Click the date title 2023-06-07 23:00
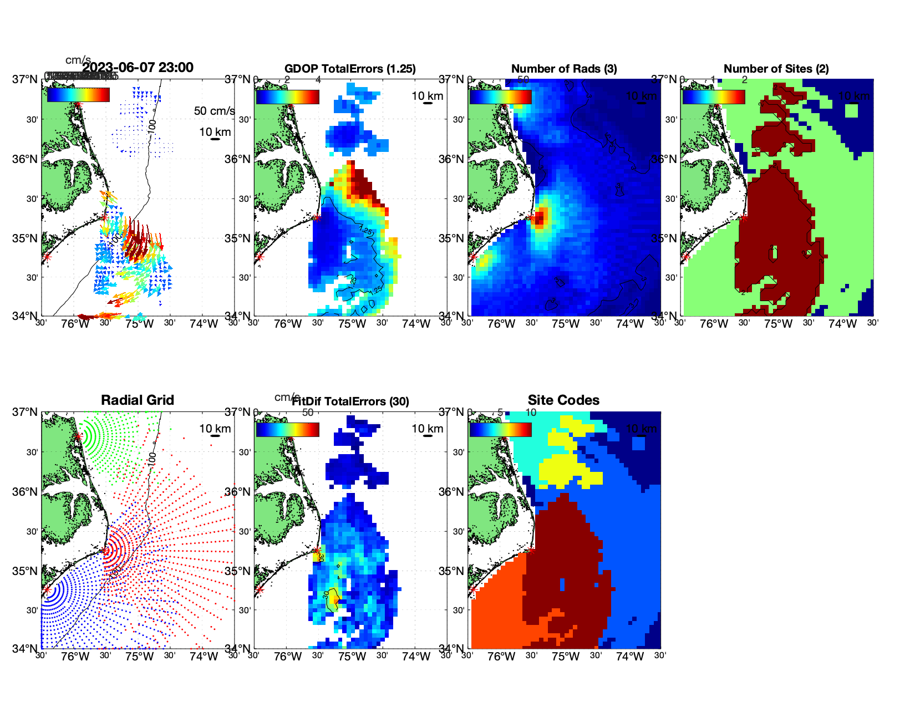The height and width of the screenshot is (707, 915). point(138,68)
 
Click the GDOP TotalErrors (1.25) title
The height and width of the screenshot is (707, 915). point(350,69)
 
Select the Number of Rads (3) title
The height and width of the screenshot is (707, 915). point(564,69)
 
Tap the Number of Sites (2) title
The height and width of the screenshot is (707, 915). point(776,69)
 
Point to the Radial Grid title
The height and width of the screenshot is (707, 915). point(138,400)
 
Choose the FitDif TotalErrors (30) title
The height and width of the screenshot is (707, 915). point(350,401)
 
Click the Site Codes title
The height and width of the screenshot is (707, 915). point(563,400)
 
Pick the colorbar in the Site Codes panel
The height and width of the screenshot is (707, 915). point(500,430)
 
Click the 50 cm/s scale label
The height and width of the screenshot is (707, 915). point(214,111)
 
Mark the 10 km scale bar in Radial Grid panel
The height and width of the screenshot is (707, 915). point(215,436)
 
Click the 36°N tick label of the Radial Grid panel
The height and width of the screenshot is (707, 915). point(25,492)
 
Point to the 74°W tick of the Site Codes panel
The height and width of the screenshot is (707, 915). point(629,657)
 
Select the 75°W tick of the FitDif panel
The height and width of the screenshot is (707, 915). point(352,657)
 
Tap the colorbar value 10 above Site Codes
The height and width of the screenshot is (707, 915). point(531,413)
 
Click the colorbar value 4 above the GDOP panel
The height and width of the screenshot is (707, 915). point(318,80)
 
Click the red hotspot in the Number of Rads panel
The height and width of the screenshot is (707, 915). point(541,216)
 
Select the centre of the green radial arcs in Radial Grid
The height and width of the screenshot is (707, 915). point(79,436)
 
